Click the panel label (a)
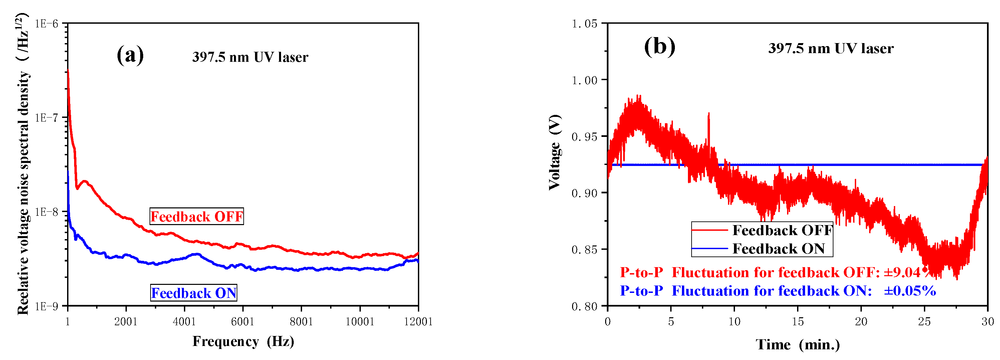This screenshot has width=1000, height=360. point(130,55)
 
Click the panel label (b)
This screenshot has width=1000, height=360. point(659,47)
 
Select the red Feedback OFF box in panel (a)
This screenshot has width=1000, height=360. point(197,216)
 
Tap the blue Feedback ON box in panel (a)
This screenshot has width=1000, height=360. point(194,293)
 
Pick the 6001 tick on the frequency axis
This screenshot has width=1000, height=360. point(243,322)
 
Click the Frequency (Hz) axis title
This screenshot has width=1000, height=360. point(243,341)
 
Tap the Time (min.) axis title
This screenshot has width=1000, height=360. point(797,344)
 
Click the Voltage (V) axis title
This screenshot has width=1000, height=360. point(555,152)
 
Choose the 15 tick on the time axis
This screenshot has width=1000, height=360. point(797,322)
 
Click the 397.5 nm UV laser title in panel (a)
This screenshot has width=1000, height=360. point(250,57)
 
